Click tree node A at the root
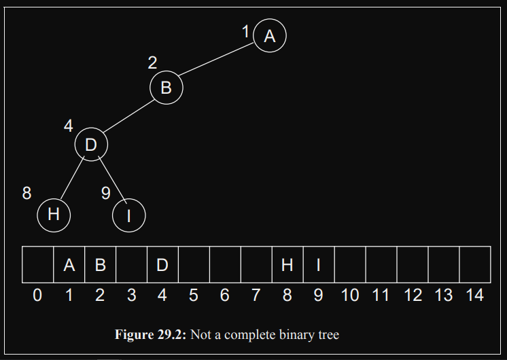(270, 35)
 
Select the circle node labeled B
(167, 88)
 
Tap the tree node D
(91, 144)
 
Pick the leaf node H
(54, 215)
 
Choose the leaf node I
(129, 215)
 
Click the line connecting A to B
(216, 60)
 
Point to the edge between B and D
(129, 116)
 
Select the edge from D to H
(73, 178)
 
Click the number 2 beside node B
(152, 62)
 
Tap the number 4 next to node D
(68, 126)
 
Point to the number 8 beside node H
(27, 194)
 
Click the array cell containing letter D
(162, 265)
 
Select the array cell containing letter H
(287, 265)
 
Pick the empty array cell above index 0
(37, 265)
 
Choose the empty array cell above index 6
(225, 265)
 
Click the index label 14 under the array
(474, 295)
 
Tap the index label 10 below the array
(350, 295)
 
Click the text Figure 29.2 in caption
(151, 335)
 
